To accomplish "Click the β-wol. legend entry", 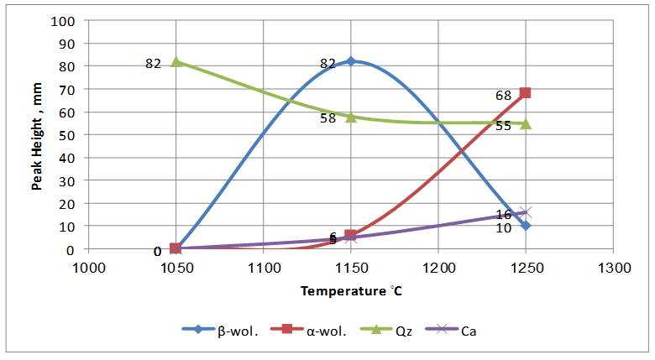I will [x=216, y=330].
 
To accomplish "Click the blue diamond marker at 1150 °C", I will [x=351, y=61].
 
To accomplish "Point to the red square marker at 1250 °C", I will [x=526, y=93].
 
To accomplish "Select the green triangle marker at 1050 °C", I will [x=176, y=61].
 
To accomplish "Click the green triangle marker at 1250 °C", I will [x=526, y=123].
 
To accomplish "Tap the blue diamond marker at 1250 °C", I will [x=526, y=226].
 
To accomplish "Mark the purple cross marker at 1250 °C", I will [x=526, y=212].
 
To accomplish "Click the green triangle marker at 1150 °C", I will [x=351, y=117].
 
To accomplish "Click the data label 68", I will [x=504, y=96].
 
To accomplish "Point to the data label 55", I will [x=504, y=127].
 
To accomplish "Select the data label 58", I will [x=328, y=118].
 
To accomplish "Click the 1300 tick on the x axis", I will [x=613, y=267].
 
